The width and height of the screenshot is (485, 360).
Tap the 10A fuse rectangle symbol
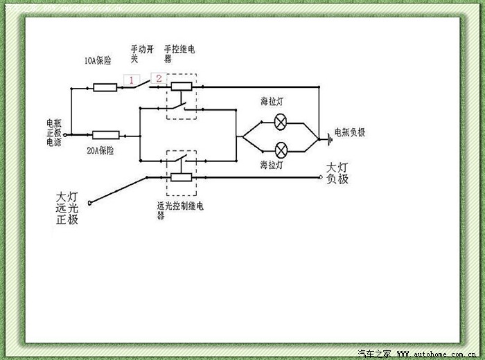click(x=105, y=87)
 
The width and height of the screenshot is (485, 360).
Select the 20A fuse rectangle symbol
click(x=105, y=135)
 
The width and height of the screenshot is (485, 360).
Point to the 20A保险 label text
click(x=100, y=150)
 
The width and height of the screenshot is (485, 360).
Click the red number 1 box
click(x=129, y=80)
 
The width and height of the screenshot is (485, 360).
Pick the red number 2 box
click(x=159, y=78)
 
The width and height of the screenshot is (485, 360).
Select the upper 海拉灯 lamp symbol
click(x=281, y=123)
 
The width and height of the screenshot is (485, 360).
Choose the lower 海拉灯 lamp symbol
click(x=281, y=150)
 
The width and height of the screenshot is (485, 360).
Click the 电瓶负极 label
click(x=349, y=132)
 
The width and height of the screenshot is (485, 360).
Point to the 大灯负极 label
click(x=337, y=173)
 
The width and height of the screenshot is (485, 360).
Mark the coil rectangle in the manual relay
click(x=182, y=87)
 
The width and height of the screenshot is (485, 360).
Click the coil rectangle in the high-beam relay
click(x=182, y=177)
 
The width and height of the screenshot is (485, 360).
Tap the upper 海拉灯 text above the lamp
click(x=271, y=102)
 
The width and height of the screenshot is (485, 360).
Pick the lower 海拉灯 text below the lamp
click(x=271, y=165)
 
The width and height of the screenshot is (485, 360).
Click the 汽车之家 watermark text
click(x=373, y=354)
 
